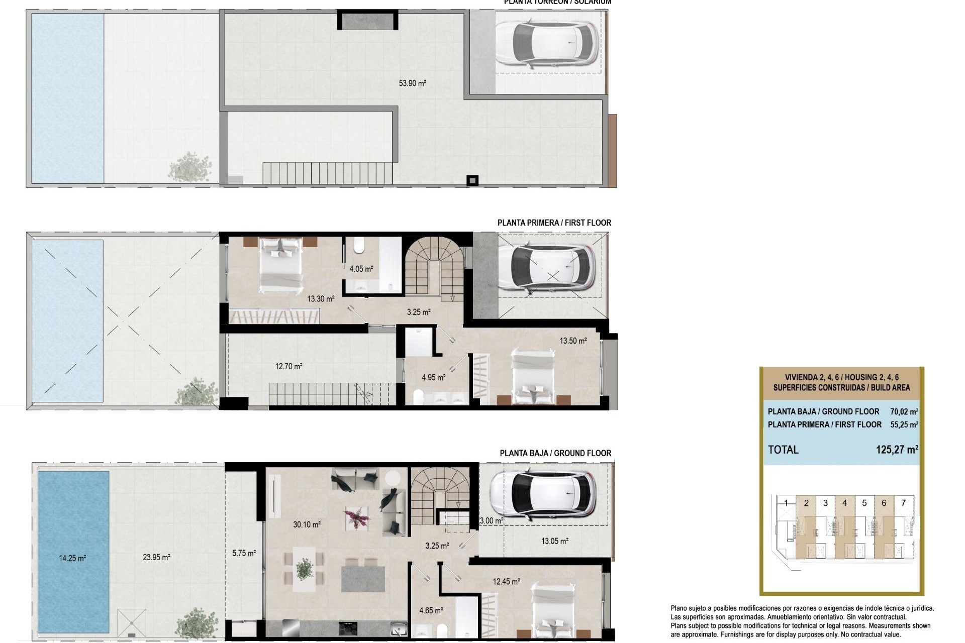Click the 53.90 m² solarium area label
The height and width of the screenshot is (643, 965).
pyautogui.click(x=412, y=83)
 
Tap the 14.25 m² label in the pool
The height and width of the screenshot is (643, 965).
pyautogui.click(x=72, y=558)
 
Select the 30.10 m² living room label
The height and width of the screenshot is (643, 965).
pyautogui.click(x=307, y=524)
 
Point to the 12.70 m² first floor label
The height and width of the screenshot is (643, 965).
pyautogui.click(x=288, y=366)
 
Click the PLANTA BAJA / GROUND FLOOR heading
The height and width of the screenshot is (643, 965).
pyautogui.click(x=555, y=453)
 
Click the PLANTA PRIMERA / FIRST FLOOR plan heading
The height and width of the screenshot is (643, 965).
pyautogui.click(x=554, y=223)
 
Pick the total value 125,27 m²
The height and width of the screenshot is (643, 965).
pyautogui.click(x=897, y=450)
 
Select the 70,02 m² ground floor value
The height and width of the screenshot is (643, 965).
pyautogui.click(x=904, y=411)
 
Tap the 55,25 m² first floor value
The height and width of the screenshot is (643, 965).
pyautogui.click(x=904, y=424)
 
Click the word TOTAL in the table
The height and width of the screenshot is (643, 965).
pyautogui.click(x=783, y=450)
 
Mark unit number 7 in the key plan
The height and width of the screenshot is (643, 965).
pyautogui.click(x=903, y=503)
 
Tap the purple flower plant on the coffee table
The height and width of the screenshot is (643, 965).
pyautogui.click(x=356, y=517)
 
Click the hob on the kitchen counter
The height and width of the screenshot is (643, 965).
pyautogui.click(x=348, y=627)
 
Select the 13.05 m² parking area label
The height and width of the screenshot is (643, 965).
pyautogui.click(x=554, y=541)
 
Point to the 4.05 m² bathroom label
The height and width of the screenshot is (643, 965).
pyautogui.click(x=361, y=269)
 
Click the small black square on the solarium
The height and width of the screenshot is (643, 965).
pyautogui.click(x=472, y=180)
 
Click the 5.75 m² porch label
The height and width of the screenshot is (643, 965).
pyautogui.click(x=244, y=553)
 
